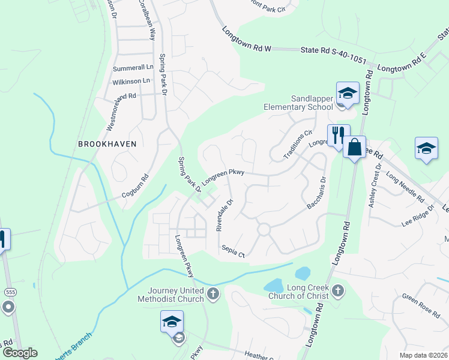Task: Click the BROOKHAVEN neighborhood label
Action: tap(107, 144)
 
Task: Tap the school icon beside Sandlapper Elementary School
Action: tap(348, 93)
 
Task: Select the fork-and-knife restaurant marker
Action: tap(338, 135)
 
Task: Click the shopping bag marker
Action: tap(354, 147)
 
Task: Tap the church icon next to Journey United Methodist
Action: tap(213, 293)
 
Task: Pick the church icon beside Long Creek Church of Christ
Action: tap(338, 291)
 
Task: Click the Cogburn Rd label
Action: tap(135, 186)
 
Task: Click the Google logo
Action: tap(19, 353)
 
